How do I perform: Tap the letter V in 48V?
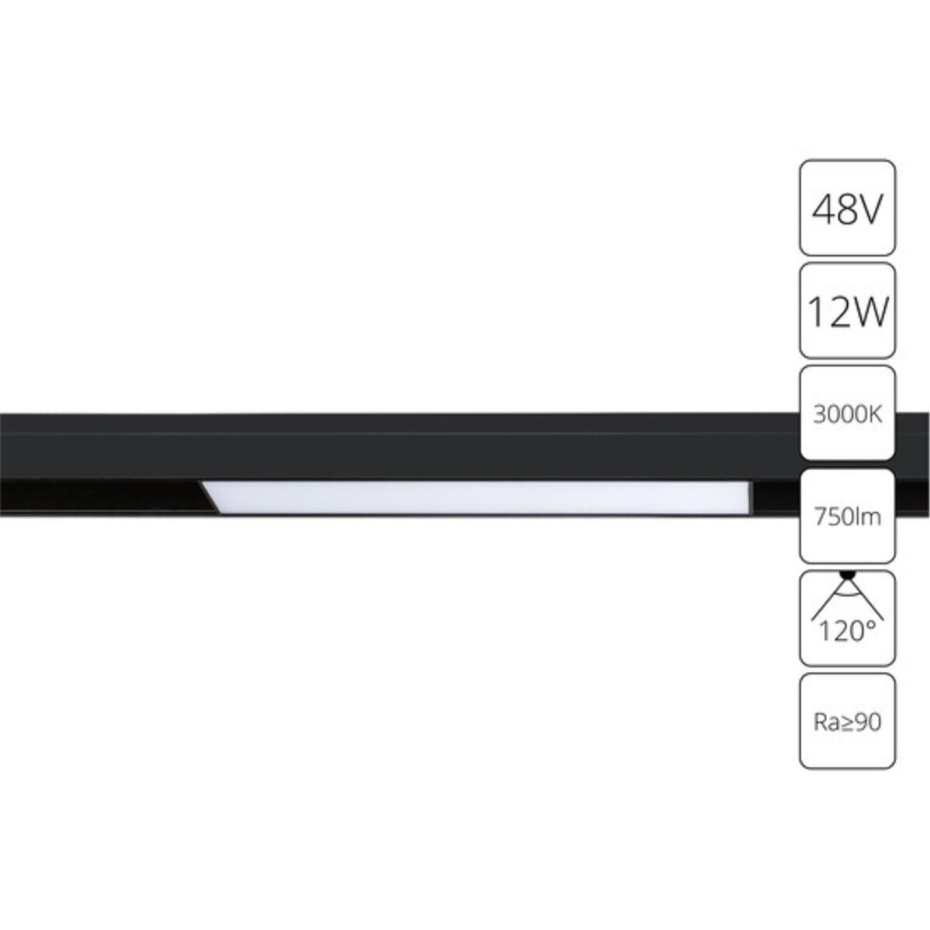pos(870,209)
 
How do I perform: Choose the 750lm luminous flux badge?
pos(847,516)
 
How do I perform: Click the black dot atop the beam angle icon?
pos(849,575)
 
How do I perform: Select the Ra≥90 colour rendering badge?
pos(847,722)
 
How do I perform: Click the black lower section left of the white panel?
pos(101,496)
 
